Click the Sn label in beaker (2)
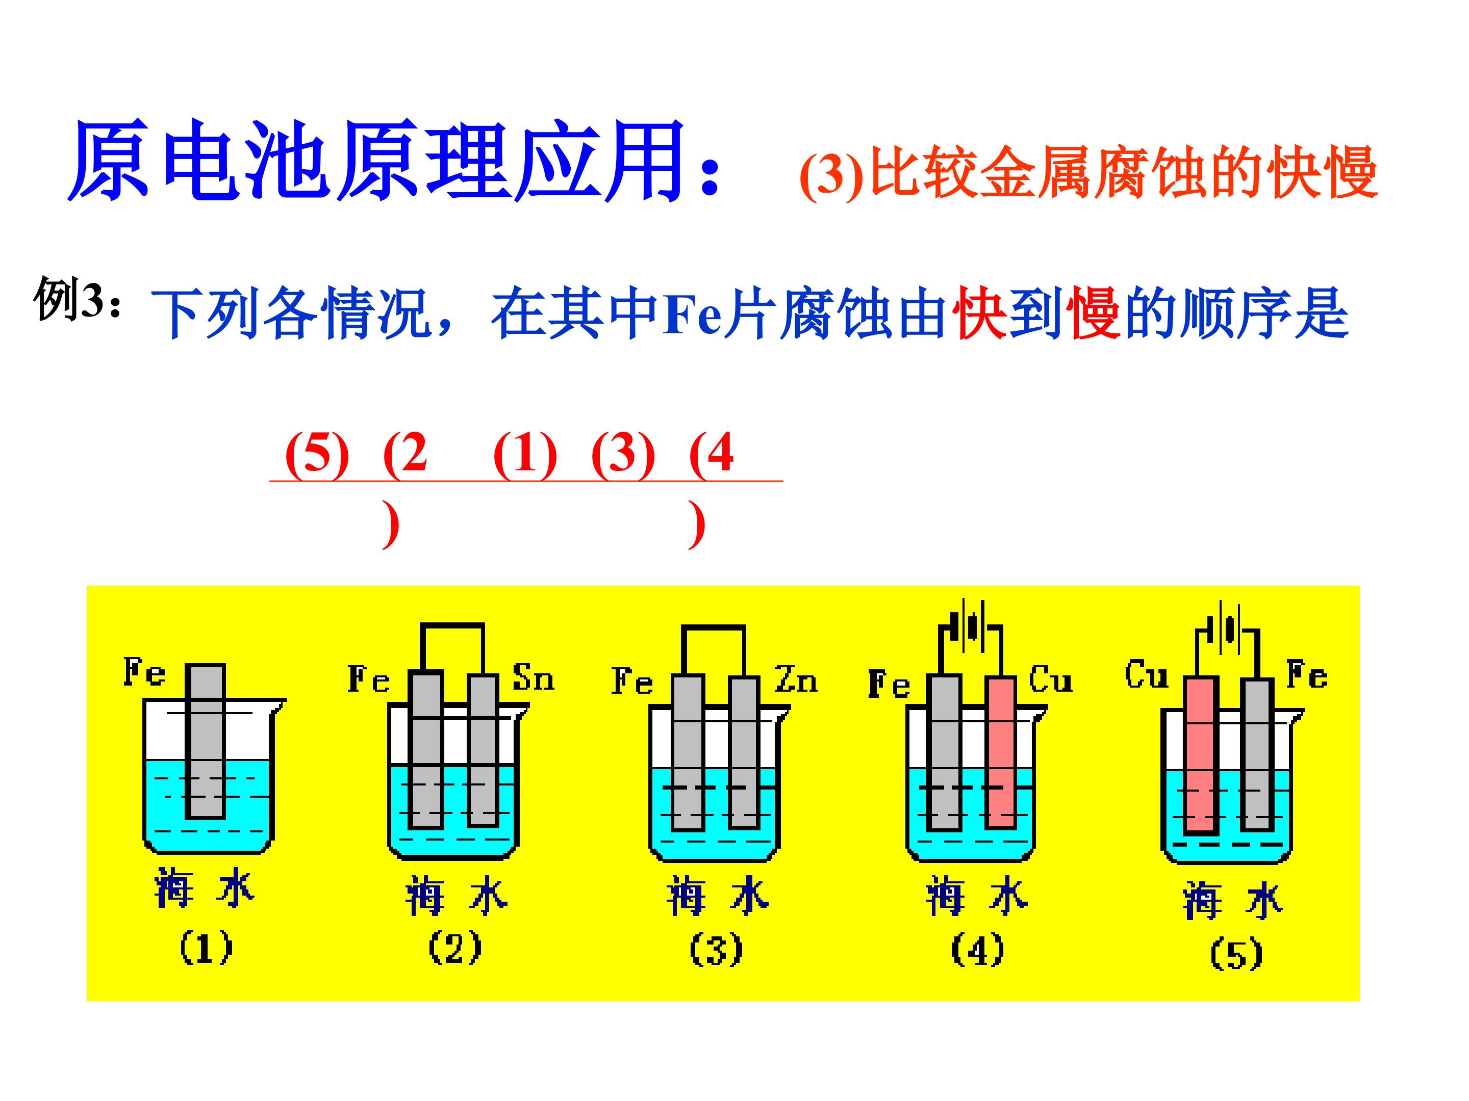coord(533,677)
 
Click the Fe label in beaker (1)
coord(145,672)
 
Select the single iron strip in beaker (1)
coord(205,741)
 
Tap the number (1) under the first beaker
coord(206,948)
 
